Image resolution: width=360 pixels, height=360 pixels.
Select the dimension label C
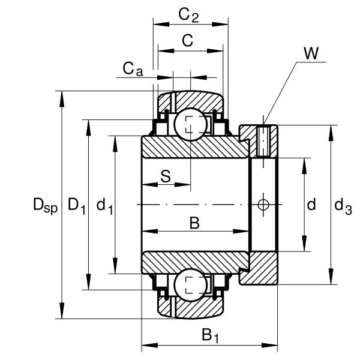click(x=187, y=41)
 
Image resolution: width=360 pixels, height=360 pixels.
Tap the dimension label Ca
click(x=133, y=69)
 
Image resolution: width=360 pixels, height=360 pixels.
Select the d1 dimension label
click(x=104, y=206)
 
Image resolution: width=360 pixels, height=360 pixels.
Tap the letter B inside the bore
click(x=194, y=224)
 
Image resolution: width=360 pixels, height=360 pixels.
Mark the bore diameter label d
click(x=311, y=206)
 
